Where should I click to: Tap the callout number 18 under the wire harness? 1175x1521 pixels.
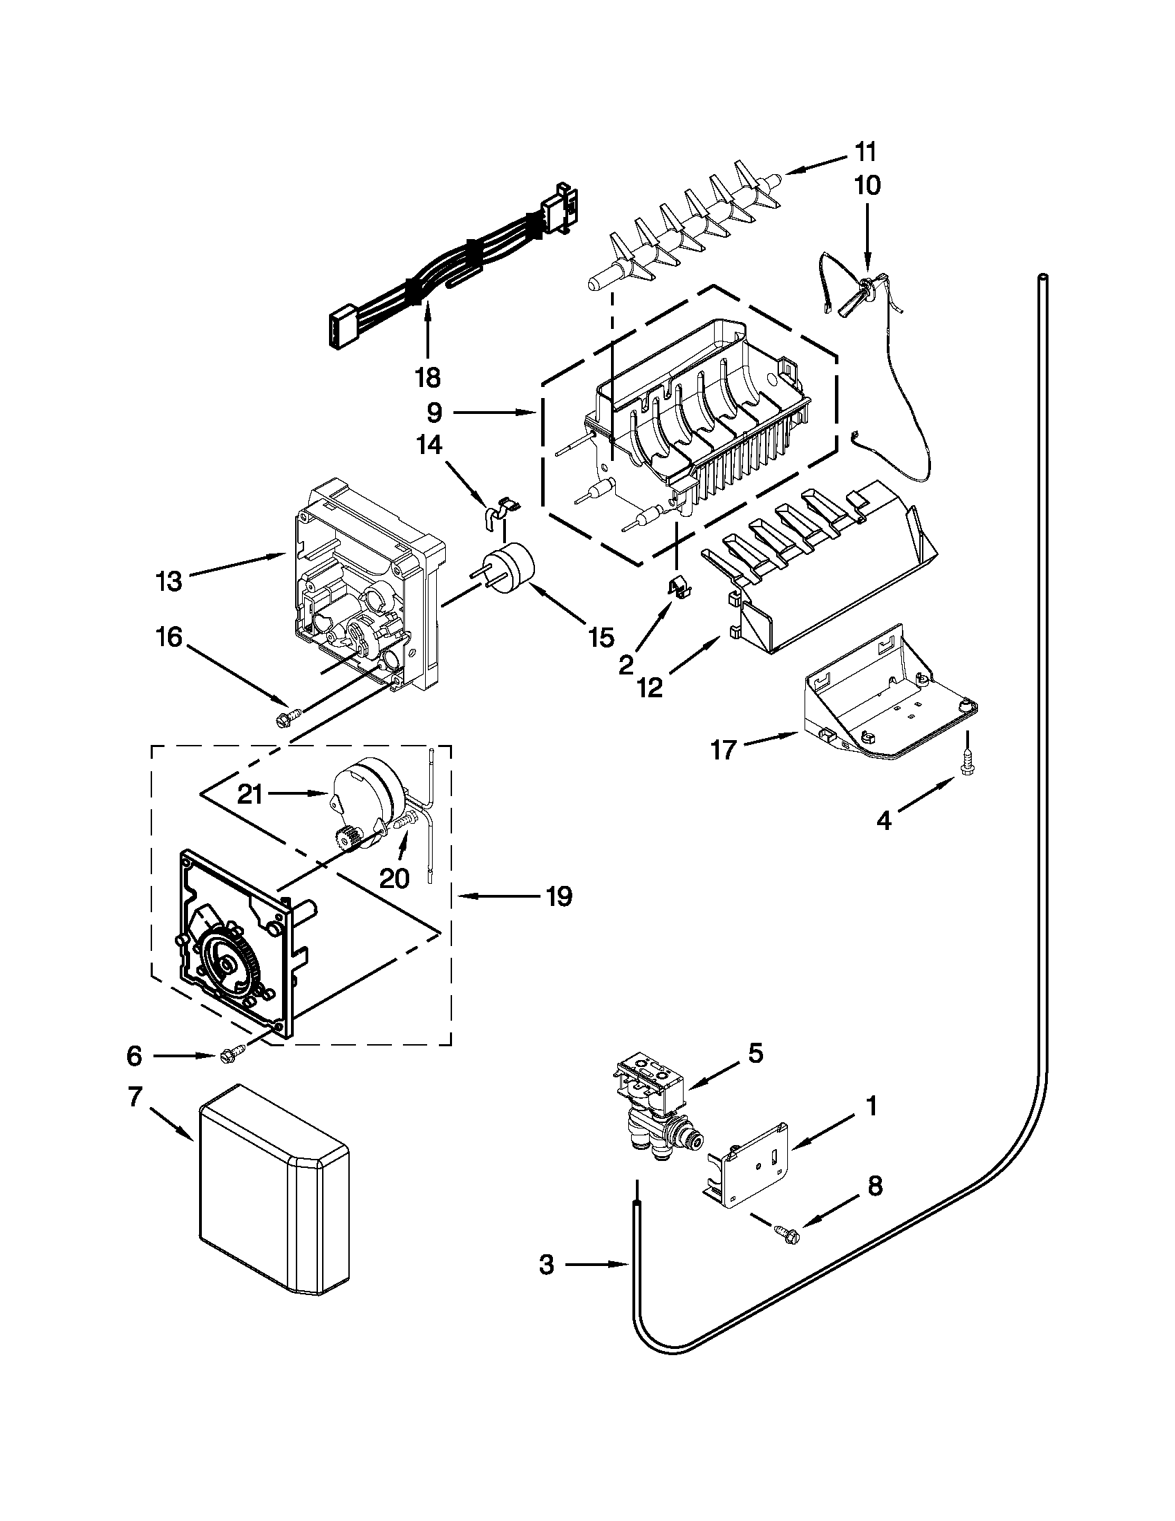click(427, 377)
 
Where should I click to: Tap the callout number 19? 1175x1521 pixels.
click(558, 896)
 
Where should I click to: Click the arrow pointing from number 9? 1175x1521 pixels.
click(493, 414)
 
